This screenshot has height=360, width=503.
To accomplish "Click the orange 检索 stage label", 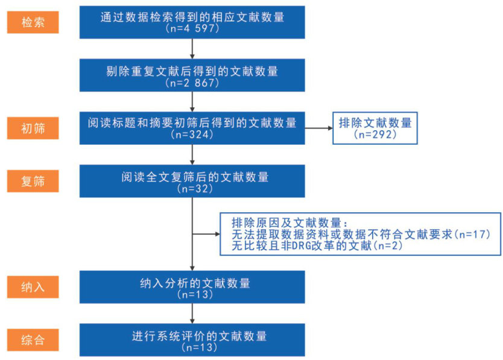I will (33, 23).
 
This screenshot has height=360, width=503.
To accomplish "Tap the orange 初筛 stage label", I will (33, 128).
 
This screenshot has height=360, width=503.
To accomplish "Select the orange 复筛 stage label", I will (33, 181).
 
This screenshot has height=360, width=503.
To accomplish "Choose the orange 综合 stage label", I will (33, 339).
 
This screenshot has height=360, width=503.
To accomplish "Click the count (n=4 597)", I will (192, 28).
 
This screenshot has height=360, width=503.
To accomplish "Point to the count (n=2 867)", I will (192, 83).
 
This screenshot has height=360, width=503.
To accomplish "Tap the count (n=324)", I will (192, 135).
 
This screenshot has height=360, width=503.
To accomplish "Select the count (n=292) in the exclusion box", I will (375, 135).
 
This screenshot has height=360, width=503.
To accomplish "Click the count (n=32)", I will (192, 188).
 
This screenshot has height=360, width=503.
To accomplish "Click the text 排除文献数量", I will (375, 123).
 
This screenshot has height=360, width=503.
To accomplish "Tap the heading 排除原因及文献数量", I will (289, 222).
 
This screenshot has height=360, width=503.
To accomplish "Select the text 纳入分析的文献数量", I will (192, 283).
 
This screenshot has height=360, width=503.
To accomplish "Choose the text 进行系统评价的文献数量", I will (192, 336).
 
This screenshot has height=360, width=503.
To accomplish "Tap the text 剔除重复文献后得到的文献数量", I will (192, 71).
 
